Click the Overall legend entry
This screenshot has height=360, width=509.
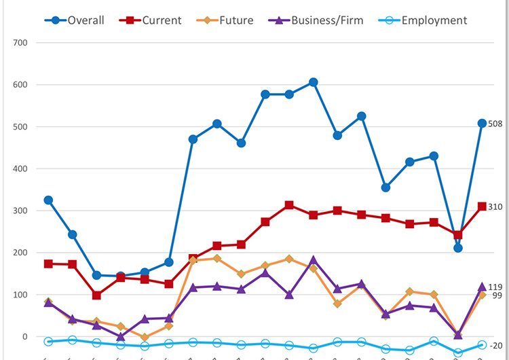76,20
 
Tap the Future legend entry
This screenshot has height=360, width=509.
228,20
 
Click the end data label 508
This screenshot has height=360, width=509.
495,124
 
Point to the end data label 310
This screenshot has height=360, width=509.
495,206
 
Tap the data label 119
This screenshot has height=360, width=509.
495,287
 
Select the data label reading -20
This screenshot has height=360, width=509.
495,346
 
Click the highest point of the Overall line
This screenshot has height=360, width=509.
313,82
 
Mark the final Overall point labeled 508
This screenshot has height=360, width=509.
482,124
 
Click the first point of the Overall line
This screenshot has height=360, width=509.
48,200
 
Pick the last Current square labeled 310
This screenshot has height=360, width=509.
482,206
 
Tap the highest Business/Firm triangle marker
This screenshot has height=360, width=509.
313,260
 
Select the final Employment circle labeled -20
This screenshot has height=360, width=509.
482,345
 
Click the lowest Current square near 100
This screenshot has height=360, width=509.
97,295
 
